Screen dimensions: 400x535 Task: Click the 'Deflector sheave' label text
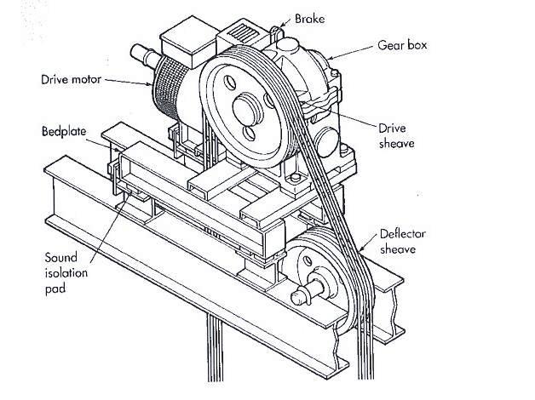pyautogui.click(x=404, y=243)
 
